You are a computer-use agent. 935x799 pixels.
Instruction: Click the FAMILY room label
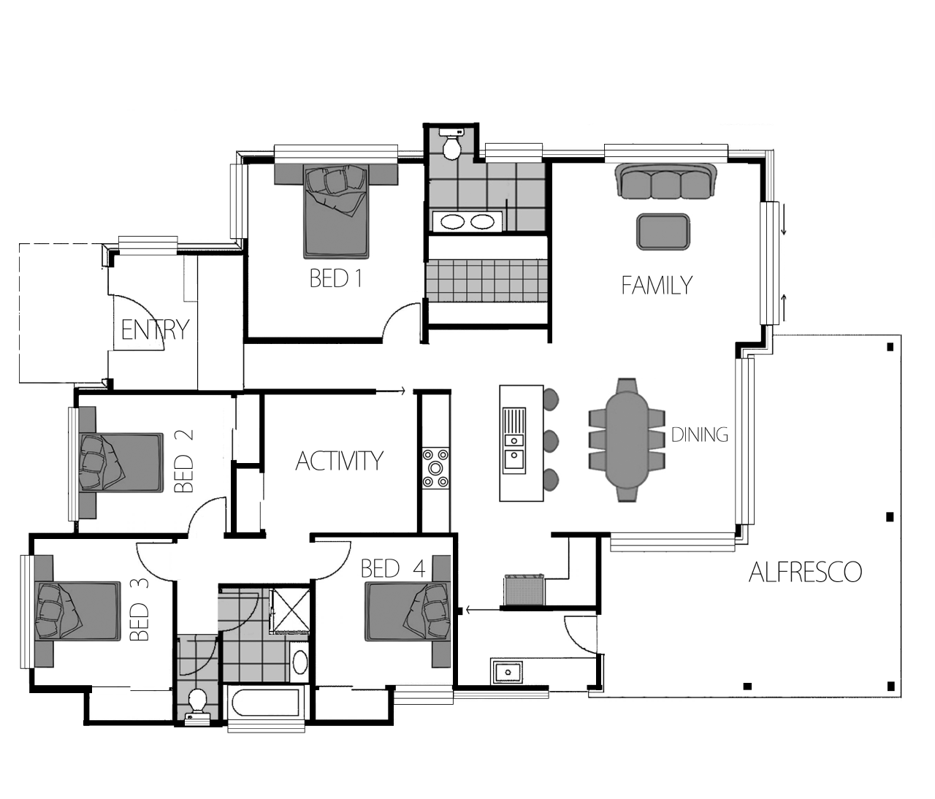[x=657, y=286]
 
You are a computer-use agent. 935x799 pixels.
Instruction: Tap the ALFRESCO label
[x=805, y=572]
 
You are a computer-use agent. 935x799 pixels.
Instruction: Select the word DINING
[x=699, y=435]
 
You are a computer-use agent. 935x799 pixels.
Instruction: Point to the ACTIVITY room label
[x=339, y=461]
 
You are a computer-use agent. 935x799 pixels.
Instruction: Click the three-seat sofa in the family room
[x=666, y=181]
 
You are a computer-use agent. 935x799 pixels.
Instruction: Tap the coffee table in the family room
[x=663, y=232]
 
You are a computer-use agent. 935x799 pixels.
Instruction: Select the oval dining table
[x=627, y=440]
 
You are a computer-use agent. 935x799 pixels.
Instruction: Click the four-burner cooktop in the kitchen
[x=435, y=468]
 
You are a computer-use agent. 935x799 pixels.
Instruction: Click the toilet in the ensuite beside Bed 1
[x=451, y=143]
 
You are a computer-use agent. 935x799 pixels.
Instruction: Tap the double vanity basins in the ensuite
[x=467, y=221]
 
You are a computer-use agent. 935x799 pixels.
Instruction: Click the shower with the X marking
[x=289, y=611]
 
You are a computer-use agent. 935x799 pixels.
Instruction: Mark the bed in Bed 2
[x=121, y=462]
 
